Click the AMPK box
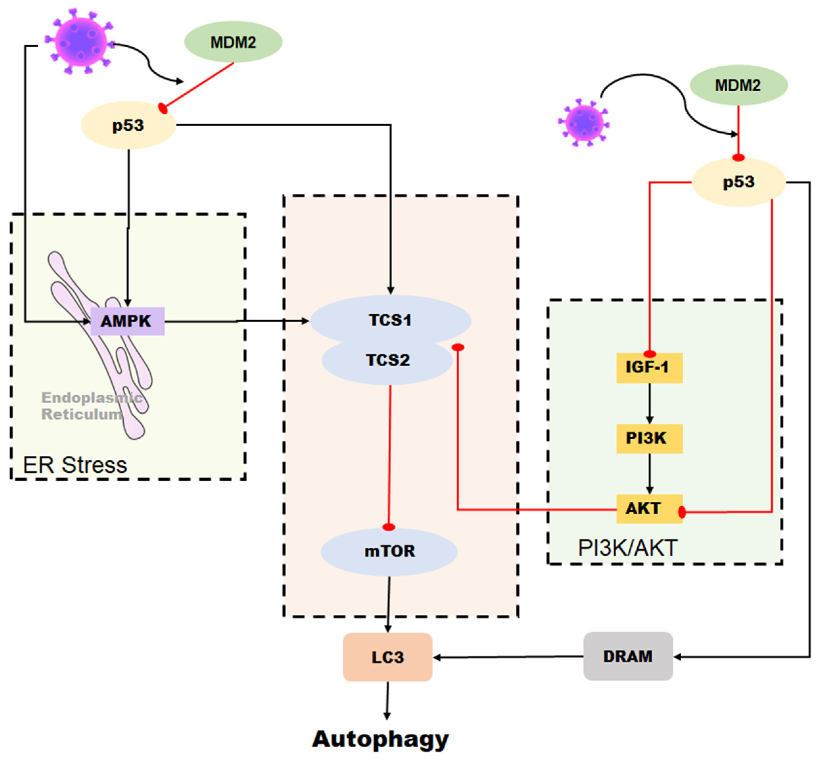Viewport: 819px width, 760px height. click(x=127, y=321)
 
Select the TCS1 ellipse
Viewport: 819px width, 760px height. click(x=390, y=320)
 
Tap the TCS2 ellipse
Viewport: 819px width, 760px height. click(x=387, y=361)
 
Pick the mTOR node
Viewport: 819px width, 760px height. click(x=389, y=551)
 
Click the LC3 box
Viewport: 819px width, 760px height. click(x=387, y=657)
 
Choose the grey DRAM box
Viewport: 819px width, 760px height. click(x=628, y=656)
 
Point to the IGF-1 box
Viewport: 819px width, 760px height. click(x=649, y=368)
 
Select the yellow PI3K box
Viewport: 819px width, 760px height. click(x=649, y=438)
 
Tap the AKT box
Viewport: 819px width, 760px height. click(x=649, y=509)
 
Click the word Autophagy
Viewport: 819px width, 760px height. click(x=381, y=739)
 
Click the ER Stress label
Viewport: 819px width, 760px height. click(x=75, y=465)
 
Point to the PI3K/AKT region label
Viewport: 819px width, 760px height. click(x=628, y=548)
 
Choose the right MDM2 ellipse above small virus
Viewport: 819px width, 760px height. click(x=738, y=85)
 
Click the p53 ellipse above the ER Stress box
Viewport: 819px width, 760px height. click(x=129, y=125)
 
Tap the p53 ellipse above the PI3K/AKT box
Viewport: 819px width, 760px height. click(x=739, y=182)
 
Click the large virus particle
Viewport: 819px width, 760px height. click(x=80, y=41)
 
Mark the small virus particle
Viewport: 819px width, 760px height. click(x=584, y=123)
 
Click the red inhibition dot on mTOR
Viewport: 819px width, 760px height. click(x=389, y=527)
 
